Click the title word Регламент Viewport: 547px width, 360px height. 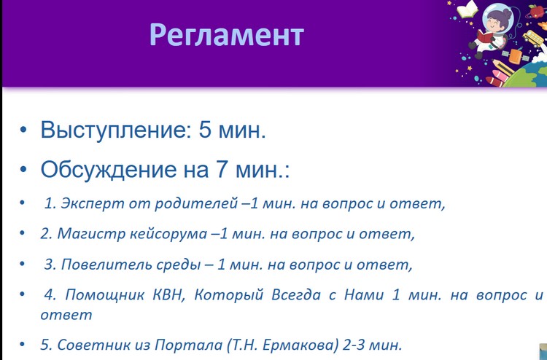click(227, 36)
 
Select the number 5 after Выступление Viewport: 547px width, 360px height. click(206, 130)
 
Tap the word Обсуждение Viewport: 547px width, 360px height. click(109, 171)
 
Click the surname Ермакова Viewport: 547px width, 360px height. click(300, 345)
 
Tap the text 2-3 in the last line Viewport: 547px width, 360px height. click(354, 345)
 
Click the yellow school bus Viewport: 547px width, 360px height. click(533, 38)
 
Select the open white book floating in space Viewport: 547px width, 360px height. click(467, 9)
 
